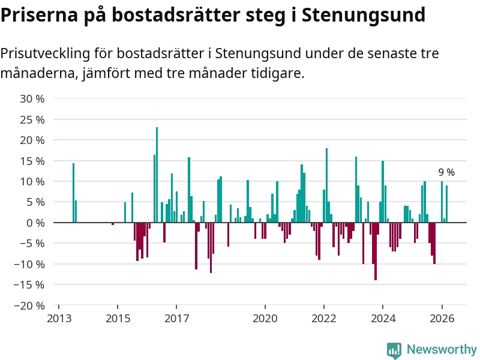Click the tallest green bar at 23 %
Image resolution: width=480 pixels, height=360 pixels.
[x=157, y=174]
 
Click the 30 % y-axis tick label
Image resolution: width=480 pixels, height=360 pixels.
[x=32, y=98]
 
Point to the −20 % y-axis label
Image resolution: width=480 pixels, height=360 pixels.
[x=29, y=305]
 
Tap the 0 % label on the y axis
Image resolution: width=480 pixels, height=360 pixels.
[x=35, y=223]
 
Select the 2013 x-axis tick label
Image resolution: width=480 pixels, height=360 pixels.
[x=58, y=319]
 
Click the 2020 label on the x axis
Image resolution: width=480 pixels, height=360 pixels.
[x=265, y=319]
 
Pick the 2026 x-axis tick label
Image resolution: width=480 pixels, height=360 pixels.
[x=442, y=319]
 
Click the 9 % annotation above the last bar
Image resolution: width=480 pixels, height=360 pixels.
[x=446, y=172]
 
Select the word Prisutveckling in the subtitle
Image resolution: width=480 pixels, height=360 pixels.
[x=45, y=53]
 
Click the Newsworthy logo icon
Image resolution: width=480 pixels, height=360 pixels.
[x=394, y=350]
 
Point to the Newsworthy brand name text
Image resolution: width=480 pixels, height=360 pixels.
[x=442, y=349]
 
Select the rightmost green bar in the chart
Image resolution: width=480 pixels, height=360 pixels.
[x=447, y=204]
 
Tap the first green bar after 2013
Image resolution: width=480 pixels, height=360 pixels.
[x=73, y=193]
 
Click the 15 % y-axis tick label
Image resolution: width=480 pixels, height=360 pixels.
[x=32, y=161]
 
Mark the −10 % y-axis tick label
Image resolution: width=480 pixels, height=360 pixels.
[x=29, y=264]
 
